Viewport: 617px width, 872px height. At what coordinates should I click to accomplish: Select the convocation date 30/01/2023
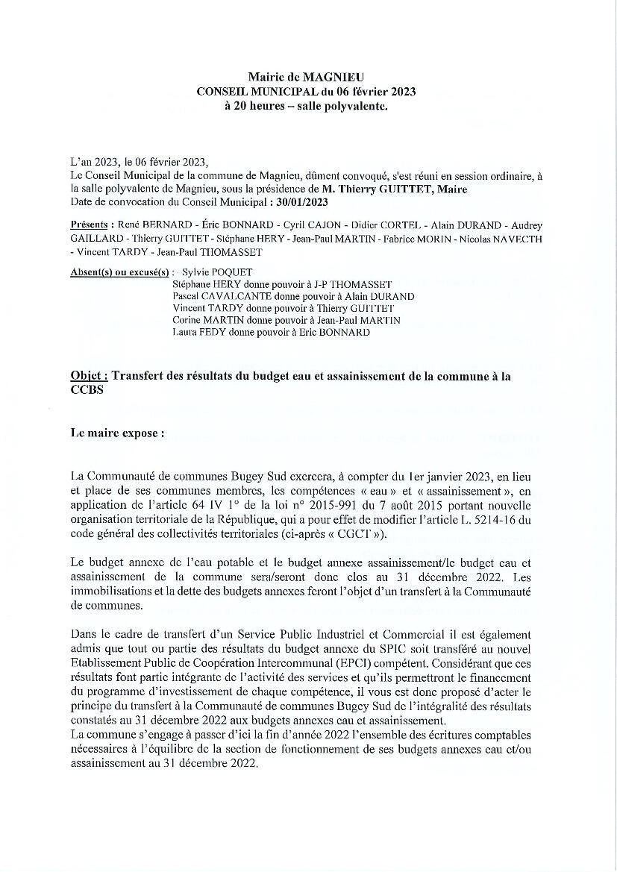(302, 201)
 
